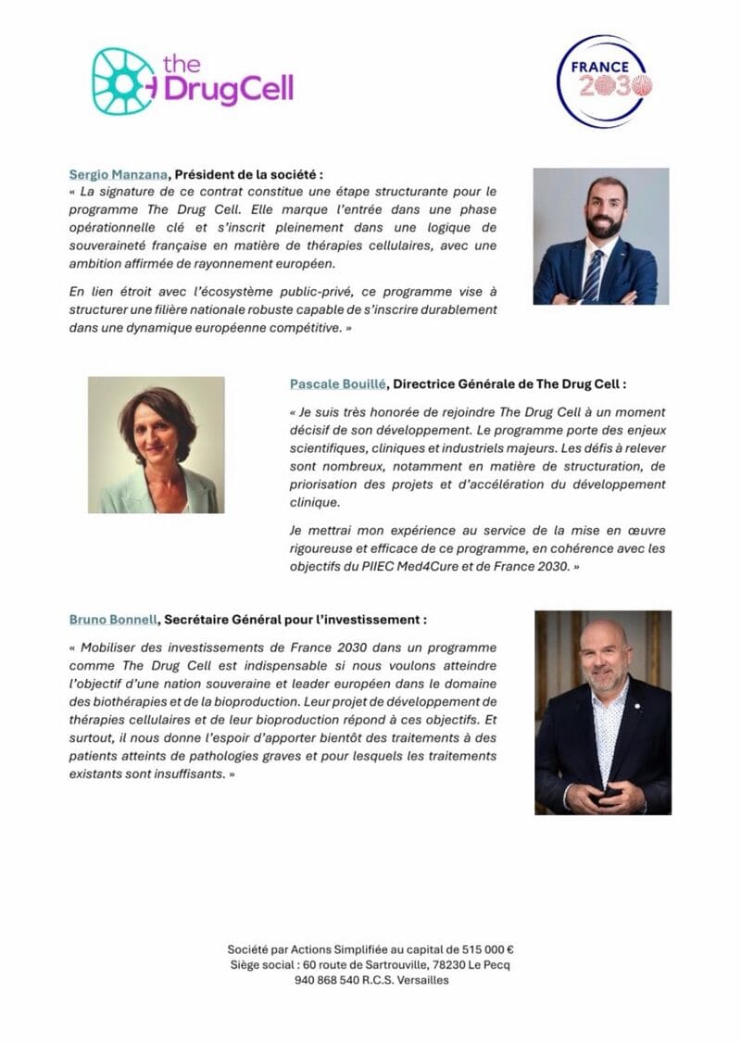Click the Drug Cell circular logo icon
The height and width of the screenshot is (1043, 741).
point(123,81)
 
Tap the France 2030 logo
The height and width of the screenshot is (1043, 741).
point(602,82)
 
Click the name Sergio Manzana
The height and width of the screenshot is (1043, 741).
point(118,174)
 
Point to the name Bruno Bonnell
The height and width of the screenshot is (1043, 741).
point(112,619)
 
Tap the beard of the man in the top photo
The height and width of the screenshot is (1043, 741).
point(605,225)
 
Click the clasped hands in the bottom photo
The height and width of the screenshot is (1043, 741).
point(605,795)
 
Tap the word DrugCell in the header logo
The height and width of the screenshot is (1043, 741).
point(229,89)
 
